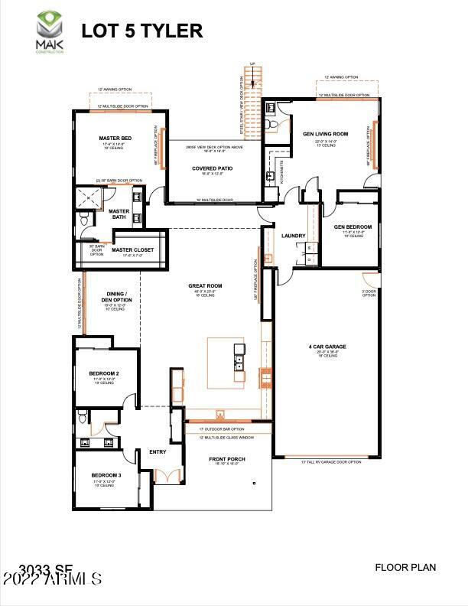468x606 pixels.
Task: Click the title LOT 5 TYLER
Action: pos(142,31)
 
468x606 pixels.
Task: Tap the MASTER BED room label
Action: pos(115,138)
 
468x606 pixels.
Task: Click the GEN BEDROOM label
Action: pos(353,227)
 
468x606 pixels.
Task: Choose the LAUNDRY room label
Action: pos(294,236)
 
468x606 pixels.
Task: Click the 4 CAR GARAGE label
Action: pos(327,347)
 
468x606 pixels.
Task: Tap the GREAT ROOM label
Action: pos(204,286)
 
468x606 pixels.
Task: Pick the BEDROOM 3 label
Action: pos(106,475)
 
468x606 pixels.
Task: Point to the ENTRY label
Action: pos(158,451)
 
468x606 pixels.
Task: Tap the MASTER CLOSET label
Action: pos(132,250)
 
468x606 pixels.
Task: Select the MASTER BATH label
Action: pos(119,214)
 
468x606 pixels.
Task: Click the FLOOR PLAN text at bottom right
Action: pos(405,567)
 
